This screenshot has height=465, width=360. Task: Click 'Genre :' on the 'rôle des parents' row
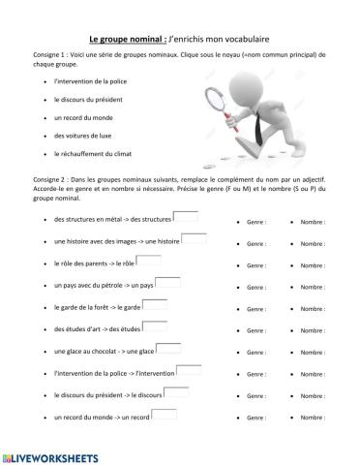[x=254, y=263]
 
